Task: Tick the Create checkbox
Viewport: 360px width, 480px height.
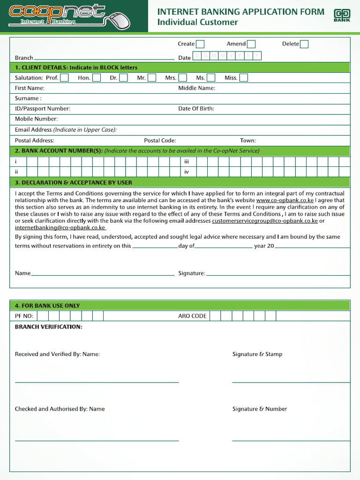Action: coord(200,45)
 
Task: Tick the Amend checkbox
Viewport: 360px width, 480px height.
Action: coord(251,45)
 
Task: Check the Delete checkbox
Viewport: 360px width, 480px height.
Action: coord(304,45)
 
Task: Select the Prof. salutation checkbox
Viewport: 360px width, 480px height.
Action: coord(65,78)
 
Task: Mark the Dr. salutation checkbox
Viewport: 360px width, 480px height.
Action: coord(123,78)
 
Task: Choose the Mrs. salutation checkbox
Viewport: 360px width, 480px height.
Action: coord(182,78)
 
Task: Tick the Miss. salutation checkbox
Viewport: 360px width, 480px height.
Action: coord(244,78)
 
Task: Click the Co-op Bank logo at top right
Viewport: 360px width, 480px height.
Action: coord(342,15)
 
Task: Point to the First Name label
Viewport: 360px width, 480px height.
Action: coord(30,88)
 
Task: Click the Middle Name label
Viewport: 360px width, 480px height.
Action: coord(196,88)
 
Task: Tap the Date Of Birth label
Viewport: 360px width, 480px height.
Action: coord(196,109)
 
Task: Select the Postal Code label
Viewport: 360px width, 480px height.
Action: coord(160,141)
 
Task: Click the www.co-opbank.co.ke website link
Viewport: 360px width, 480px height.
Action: coord(285,200)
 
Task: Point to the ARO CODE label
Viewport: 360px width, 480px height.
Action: coord(192,316)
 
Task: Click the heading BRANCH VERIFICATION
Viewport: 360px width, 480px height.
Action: coord(49,327)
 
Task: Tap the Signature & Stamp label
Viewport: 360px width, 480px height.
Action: coord(257,354)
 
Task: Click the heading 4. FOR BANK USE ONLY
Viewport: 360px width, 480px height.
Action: coord(47,306)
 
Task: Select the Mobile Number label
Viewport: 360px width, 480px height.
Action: coord(36,119)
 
